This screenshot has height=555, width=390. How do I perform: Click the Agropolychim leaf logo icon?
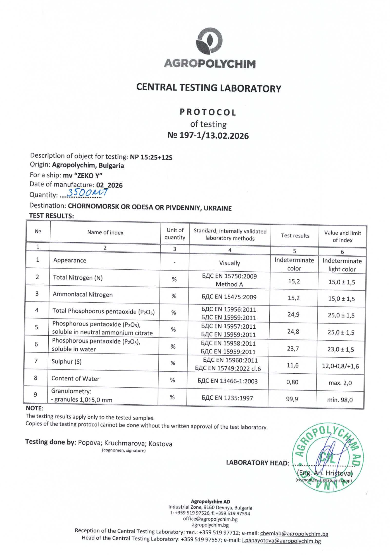[209, 41]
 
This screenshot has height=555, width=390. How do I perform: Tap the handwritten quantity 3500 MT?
[87, 193]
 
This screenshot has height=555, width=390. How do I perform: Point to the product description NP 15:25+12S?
[151, 157]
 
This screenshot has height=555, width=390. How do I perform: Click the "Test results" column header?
[295, 236]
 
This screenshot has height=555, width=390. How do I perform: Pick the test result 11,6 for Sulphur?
[292, 365]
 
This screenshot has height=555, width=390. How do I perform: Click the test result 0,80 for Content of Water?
[292, 382]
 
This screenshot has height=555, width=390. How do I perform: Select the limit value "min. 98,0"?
[340, 400]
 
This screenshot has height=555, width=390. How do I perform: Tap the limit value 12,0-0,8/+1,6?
[340, 366]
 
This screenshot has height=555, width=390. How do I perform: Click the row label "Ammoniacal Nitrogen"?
[83, 295]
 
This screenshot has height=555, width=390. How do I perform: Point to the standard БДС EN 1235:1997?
[227, 398]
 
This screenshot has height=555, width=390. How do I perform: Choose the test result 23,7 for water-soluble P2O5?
[293, 348]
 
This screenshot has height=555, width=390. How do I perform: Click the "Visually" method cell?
[229, 263]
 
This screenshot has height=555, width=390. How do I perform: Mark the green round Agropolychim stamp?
[328, 457]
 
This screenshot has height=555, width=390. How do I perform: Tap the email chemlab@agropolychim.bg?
[294, 534]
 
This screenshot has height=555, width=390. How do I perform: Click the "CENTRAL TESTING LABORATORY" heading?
[209, 88]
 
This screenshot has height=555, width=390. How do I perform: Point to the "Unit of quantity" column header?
[175, 234]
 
